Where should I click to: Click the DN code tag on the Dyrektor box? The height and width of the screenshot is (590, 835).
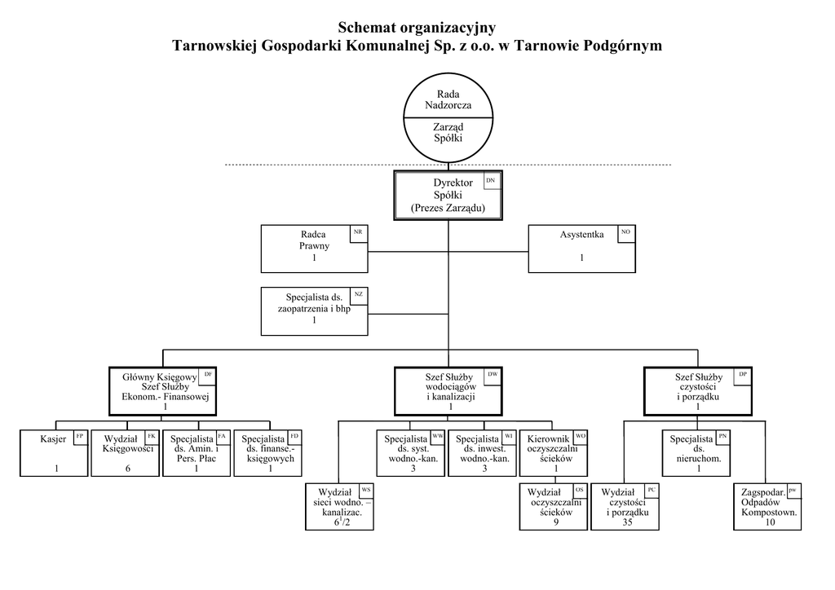[489, 180]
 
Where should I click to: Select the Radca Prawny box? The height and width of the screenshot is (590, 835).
[313, 249]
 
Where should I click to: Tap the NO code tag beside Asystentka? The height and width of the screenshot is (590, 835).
[625, 233]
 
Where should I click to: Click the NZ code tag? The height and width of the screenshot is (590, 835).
[358, 294]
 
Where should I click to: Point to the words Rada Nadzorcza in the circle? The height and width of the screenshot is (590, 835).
[448, 99]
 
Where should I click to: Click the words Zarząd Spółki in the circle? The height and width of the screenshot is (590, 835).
[448, 133]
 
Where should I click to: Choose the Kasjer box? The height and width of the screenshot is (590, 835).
[53, 453]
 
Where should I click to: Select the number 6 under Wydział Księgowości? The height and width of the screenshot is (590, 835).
[127, 469]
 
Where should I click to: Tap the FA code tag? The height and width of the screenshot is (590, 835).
[223, 436]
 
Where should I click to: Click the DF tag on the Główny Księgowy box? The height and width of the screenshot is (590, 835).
[209, 374]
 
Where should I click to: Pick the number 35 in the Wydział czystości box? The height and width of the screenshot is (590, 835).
[627, 522]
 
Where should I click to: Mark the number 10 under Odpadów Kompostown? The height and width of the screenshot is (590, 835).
[770, 522]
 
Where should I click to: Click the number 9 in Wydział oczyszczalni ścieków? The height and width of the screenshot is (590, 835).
[556, 522]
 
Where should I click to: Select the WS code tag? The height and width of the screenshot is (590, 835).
[365, 490]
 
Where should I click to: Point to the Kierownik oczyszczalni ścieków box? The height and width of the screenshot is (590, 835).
[555, 453]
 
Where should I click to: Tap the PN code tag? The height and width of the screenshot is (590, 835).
[723, 436]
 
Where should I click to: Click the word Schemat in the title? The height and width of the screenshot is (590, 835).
[367, 29]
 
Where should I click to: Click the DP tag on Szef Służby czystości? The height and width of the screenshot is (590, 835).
[743, 374]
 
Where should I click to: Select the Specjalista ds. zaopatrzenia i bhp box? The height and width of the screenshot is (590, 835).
[313, 310]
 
